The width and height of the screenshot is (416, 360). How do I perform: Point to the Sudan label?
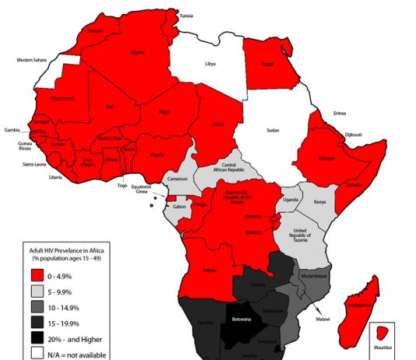click(273, 131)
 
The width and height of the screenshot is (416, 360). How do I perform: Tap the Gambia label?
click(12, 129)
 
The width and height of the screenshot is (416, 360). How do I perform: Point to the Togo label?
click(122, 185)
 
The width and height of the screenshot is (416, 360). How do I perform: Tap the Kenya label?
click(319, 202)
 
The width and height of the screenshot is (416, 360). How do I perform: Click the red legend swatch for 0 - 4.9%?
click(38, 275)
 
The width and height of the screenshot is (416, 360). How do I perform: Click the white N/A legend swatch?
click(38, 354)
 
